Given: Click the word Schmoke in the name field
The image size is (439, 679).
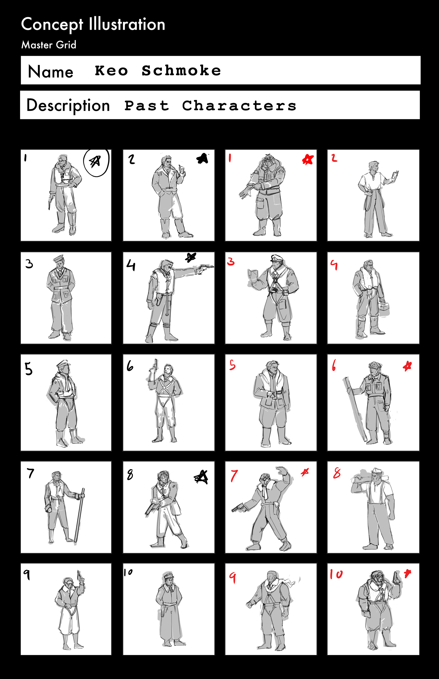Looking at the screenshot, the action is point(181,70).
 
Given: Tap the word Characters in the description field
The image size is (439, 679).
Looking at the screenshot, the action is point(239,106).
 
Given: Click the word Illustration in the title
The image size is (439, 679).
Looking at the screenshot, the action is point(127,24).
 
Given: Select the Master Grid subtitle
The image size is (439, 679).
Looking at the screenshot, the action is point(49,45).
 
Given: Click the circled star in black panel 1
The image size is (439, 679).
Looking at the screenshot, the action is point(96,162).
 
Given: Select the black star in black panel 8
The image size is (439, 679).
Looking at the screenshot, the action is point(201,477).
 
